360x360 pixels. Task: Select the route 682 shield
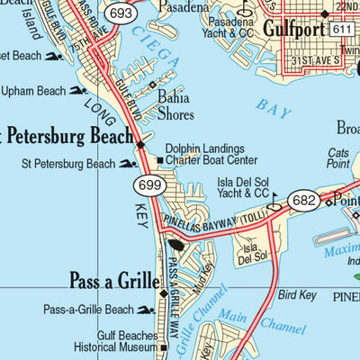pos(303,200)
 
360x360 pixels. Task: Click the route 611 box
pos(340,31)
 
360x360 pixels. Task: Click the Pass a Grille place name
pos(112,280)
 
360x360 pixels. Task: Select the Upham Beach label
pos(33,91)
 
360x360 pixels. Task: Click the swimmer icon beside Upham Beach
pos(77,91)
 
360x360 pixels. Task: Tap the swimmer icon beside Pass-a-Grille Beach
pos(145,310)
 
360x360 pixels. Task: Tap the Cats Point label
pos(338,158)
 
